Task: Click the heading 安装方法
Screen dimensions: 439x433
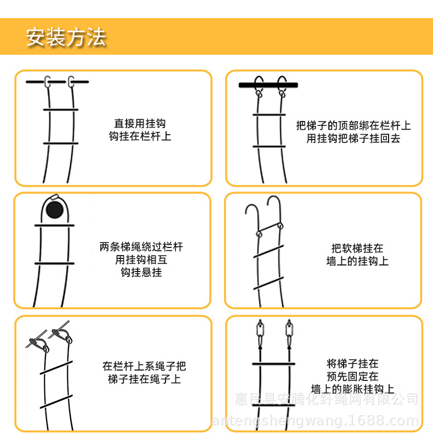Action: tap(66, 37)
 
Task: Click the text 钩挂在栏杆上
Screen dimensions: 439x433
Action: tap(140, 136)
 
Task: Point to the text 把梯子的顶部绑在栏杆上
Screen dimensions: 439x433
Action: tap(353, 126)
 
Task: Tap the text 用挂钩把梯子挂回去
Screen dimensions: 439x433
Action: tap(353, 138)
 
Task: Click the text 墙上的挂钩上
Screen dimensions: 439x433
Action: tap(357, 261)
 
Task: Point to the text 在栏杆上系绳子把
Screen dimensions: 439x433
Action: tap(144, 366)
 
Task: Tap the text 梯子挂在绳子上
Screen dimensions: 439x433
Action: tap(144, 379)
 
